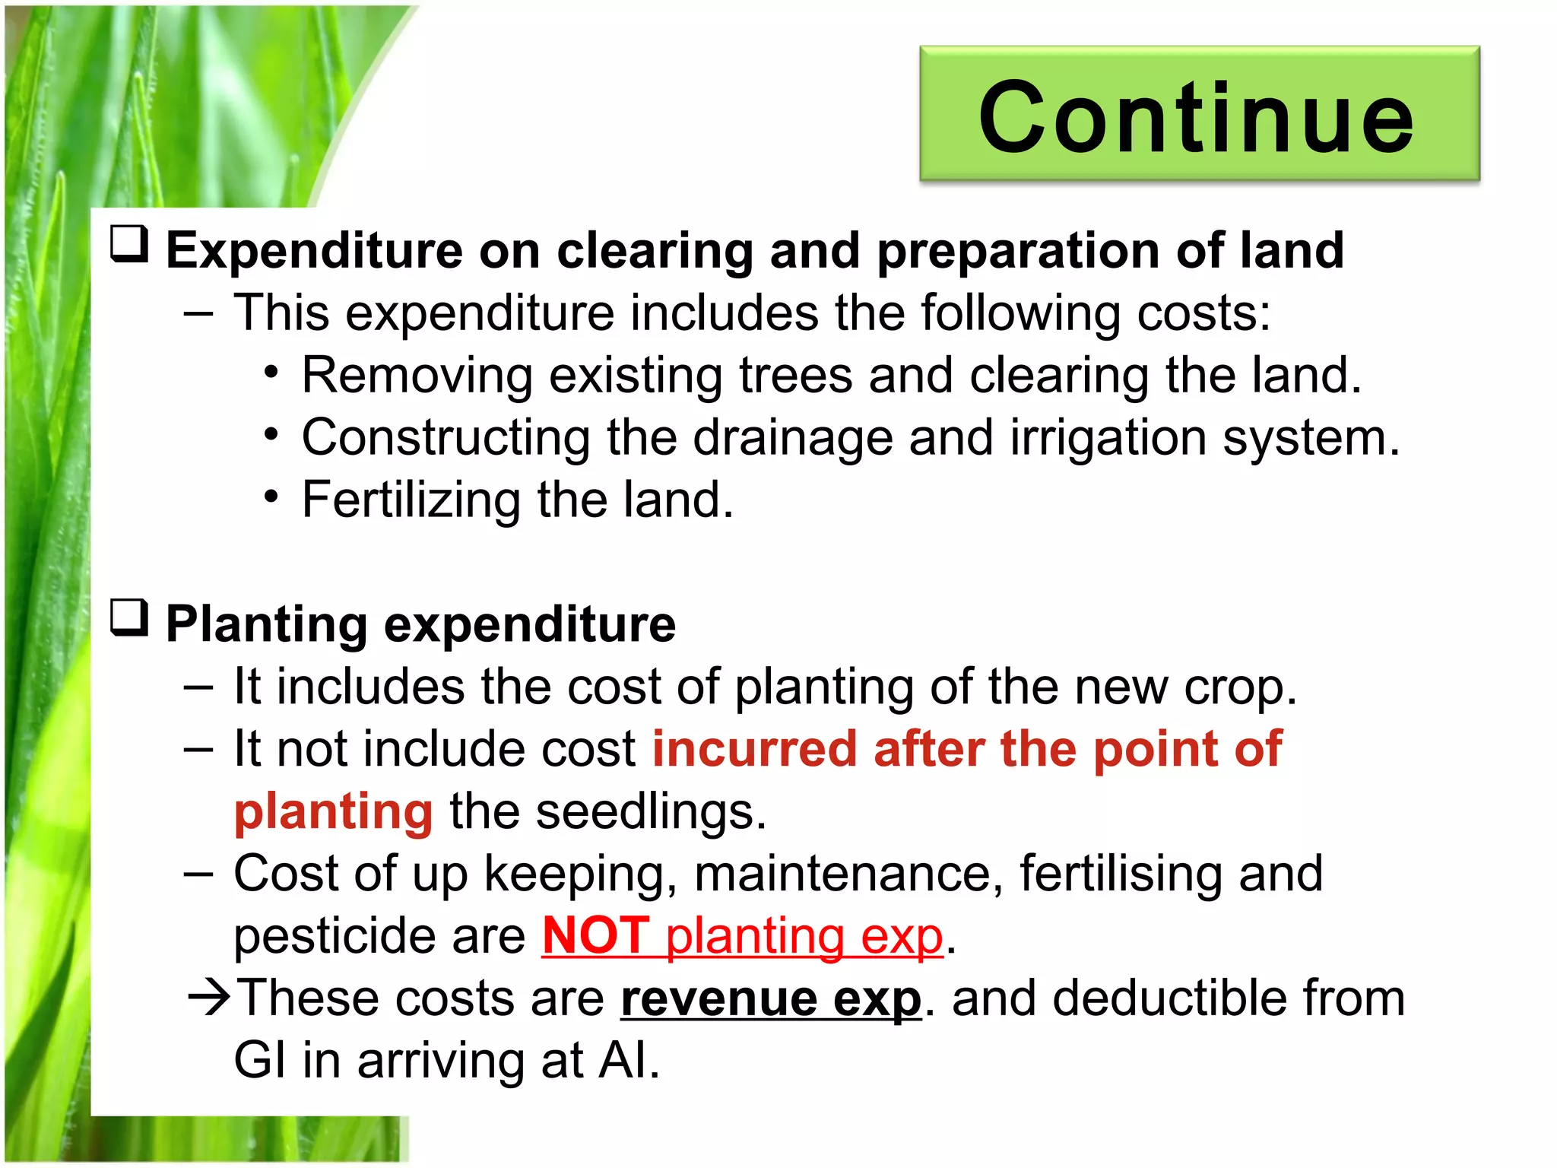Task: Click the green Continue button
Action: pos(1199,114)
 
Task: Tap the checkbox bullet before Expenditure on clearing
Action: pos(129,245)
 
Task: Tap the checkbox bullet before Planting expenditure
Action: pos(129,618)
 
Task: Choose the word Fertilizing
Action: pos(411,500)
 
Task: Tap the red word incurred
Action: pos(755,749)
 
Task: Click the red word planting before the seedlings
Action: pos(333,811)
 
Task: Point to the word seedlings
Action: pos(650,811)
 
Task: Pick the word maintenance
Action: pos(842,874)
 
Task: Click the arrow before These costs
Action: pos(209,998)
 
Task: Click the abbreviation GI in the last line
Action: pos(260,1061)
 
